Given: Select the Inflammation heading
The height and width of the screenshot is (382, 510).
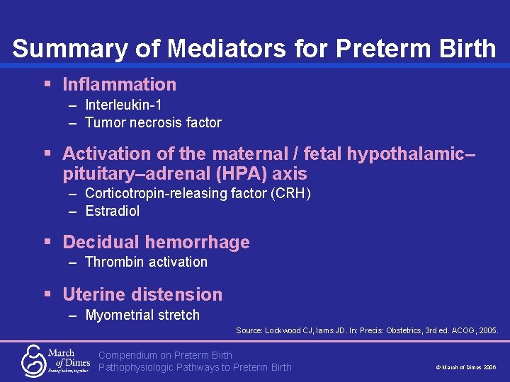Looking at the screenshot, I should pos(119,85).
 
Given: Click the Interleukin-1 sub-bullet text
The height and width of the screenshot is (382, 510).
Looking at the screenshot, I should pos(123,105).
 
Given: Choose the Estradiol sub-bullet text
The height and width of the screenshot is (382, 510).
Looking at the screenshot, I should pos(112,211).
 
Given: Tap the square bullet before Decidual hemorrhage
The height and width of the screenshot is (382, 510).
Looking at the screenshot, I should pos(47,242).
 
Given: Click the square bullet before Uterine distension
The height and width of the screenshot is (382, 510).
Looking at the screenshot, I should pos(47,294).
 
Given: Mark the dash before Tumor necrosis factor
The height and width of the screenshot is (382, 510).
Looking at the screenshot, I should pos(73,123).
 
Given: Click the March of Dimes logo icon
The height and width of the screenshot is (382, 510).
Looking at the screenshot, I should pos(33,359).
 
